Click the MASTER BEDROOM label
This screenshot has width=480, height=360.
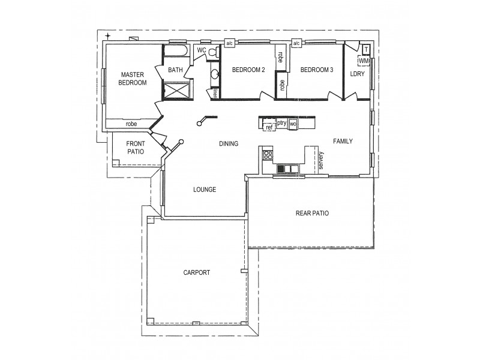(133, 79)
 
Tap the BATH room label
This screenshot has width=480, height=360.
(175, 70)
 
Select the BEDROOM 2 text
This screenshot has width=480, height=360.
(248, 70)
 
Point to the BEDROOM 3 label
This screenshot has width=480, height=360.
(316, 70)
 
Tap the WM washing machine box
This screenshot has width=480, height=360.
(364, 61)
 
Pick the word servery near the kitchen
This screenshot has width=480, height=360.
(322, 161)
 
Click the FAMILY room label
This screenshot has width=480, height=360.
(343, 142)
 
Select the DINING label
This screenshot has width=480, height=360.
(229, 144)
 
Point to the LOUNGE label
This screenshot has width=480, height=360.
(204, 190)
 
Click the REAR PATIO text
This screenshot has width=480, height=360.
(312, 213)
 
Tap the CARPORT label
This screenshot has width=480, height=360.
(197, 272)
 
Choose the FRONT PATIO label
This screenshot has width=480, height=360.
(136, 148)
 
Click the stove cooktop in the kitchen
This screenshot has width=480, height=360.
(267, 155)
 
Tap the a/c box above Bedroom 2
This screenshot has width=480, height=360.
(229, 43)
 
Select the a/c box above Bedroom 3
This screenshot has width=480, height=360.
(296, 43)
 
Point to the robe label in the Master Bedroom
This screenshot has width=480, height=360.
(131, 124)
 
